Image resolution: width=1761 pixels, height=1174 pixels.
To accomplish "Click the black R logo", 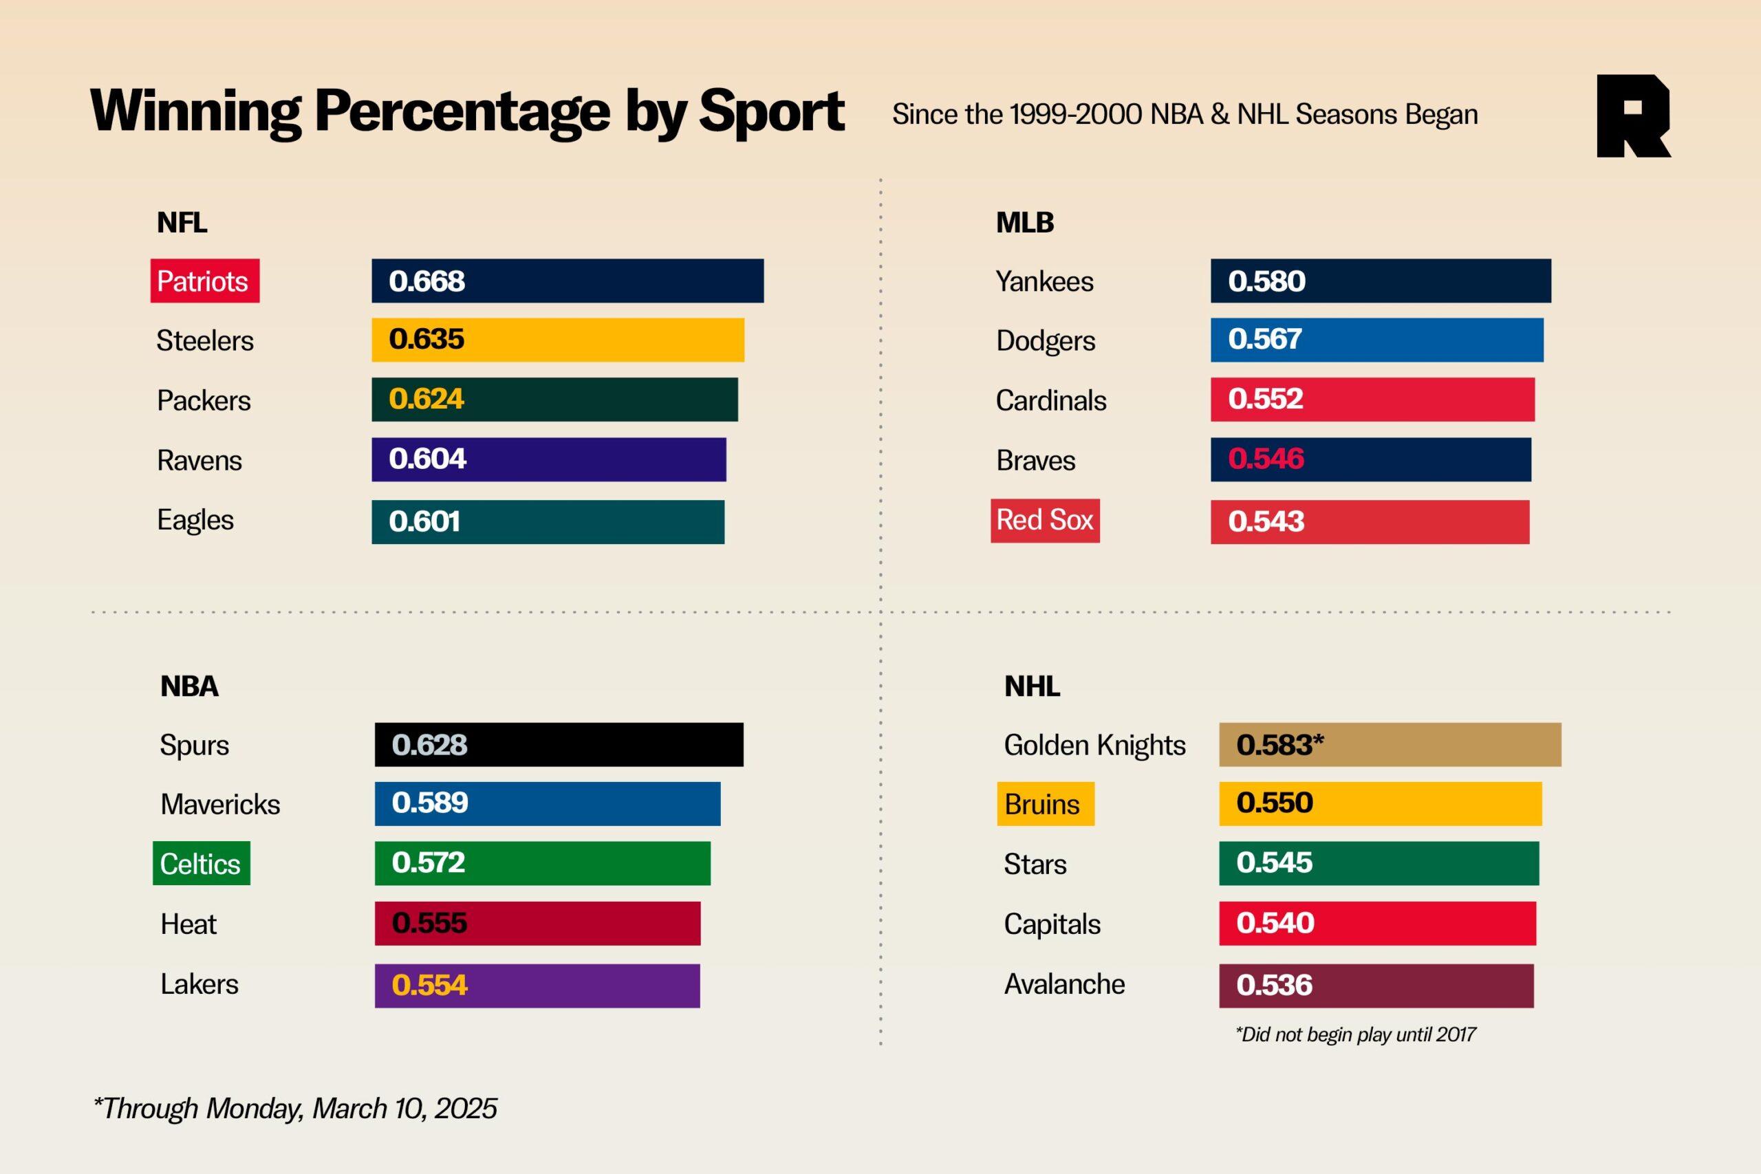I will (x=1632, y=116).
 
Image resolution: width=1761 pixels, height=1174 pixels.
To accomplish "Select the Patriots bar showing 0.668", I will (x=568, y=281).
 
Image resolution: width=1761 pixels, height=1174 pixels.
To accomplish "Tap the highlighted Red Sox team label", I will (x=1044, y=521).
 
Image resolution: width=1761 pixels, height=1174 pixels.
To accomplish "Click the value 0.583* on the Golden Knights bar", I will (x=1279, y=745).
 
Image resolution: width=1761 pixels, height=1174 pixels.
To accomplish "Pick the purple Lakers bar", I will (x=537, y=986).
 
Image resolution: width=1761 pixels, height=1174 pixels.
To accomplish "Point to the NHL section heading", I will (x=1032, y=686).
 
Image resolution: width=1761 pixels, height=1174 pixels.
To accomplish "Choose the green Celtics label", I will (x=201, y=864).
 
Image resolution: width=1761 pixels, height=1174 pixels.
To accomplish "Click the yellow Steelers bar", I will (x=558, y=340).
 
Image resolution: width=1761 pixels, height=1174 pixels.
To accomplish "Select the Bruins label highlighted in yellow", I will (x=1044, y=804).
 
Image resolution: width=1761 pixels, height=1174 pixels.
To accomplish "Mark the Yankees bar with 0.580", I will (x=1380, y=281).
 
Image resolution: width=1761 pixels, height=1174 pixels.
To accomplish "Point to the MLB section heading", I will (x=1024, y=222).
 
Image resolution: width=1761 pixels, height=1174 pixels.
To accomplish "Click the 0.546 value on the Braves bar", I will (x=1265, y=459).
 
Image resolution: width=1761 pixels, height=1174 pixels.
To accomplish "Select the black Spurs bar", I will (x=559, y=745).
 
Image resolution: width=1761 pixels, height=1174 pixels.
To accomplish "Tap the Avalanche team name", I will (x=1064, y=983).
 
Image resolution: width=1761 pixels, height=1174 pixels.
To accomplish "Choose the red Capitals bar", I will (x=1377, y=923).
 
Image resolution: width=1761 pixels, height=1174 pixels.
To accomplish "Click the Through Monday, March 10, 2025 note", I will (x=294, y=1108).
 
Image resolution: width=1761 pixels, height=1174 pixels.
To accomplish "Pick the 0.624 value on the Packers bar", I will (x=426, y=399).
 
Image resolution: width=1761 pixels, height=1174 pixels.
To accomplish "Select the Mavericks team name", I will (x=220, y=804).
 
